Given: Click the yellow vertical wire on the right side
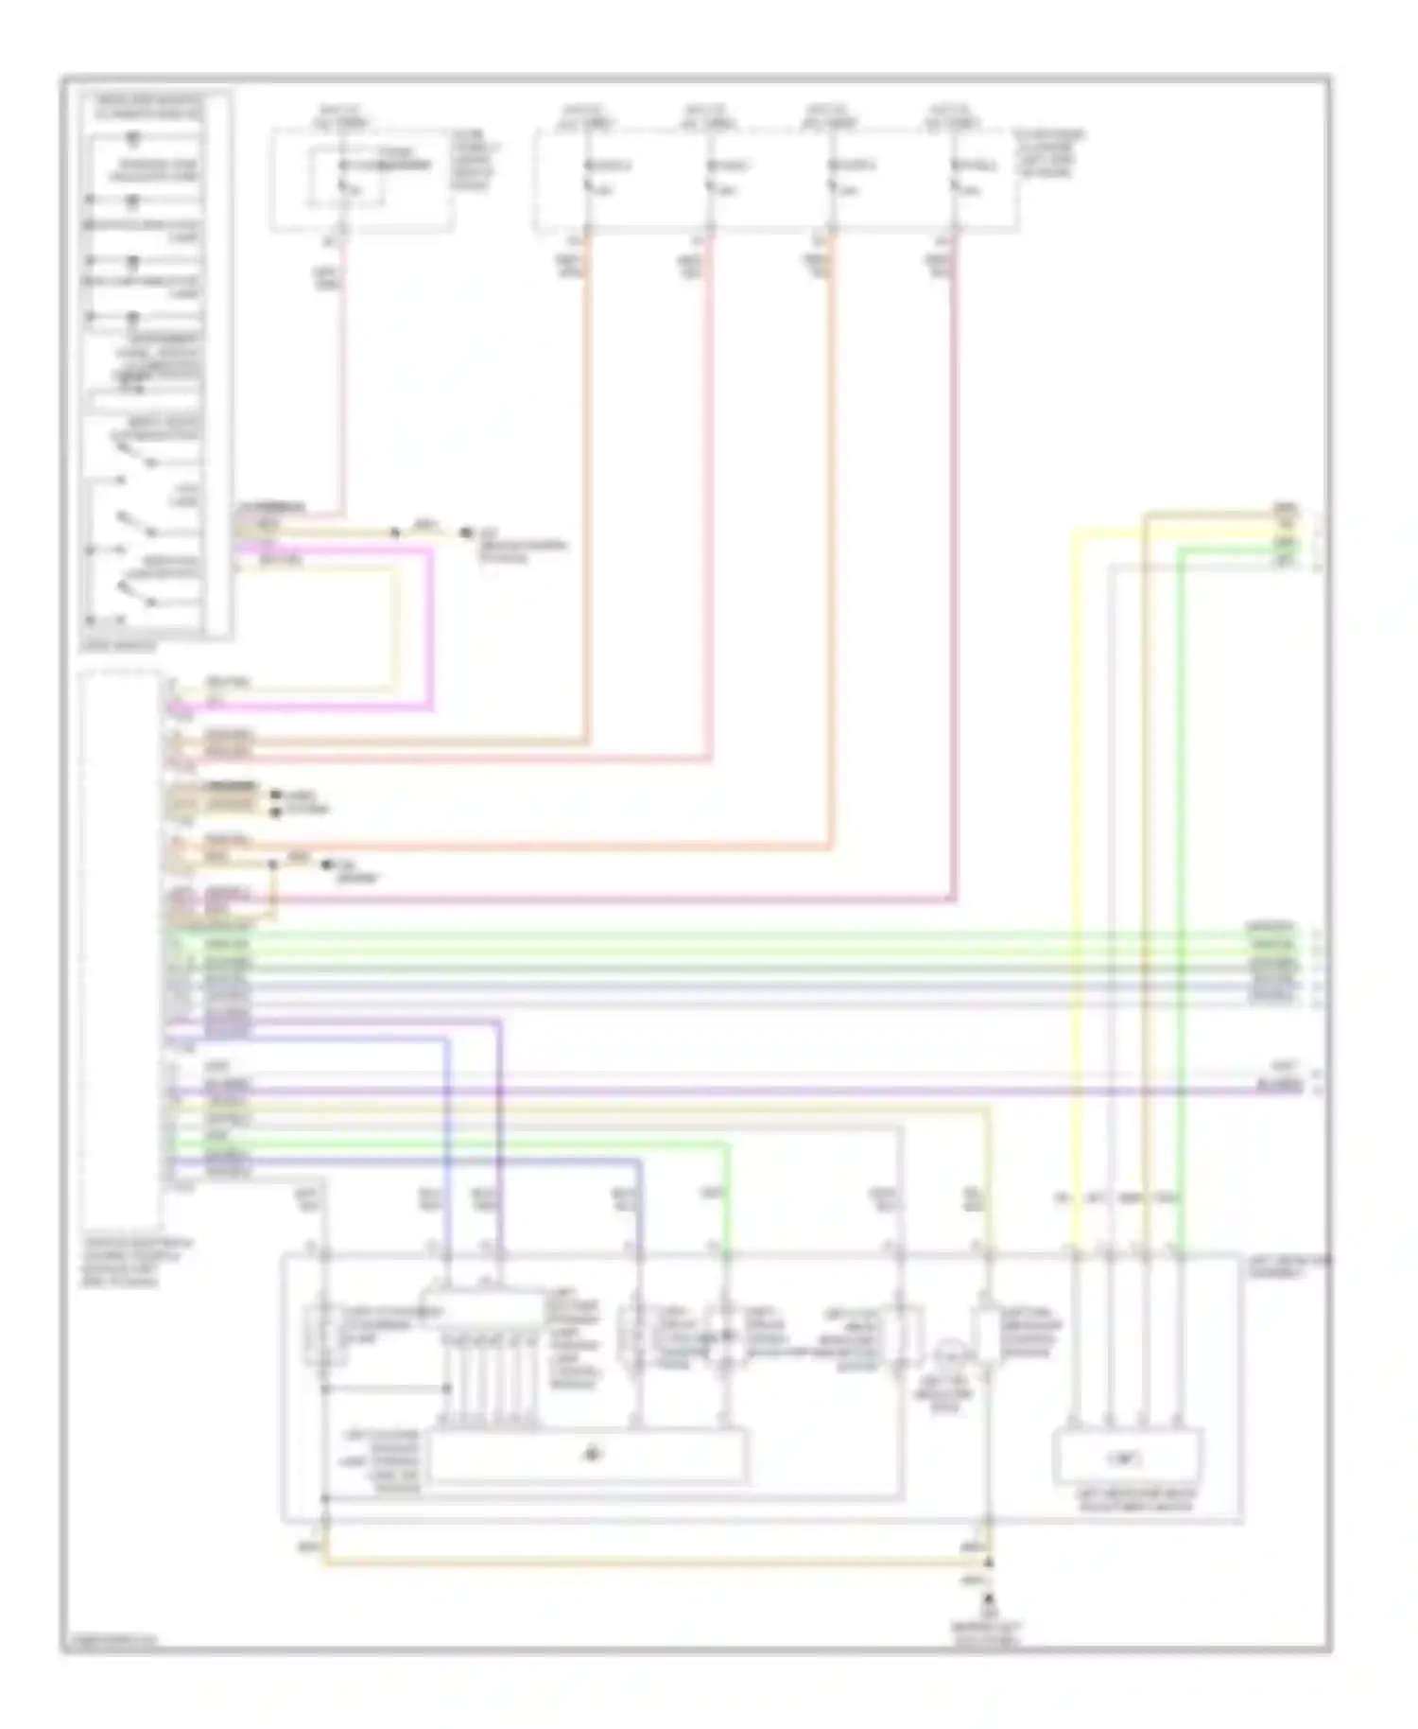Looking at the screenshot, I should click(1075, 851).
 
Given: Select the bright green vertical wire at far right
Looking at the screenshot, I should click(1180, 851).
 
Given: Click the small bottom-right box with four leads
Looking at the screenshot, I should click(1127, 1458).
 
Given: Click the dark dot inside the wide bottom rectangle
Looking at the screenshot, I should click(592, 1454).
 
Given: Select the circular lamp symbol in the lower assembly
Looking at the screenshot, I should click(945, 1358).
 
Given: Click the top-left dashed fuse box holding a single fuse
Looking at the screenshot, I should click(360, 180).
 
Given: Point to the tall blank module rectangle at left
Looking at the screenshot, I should click(120, 946).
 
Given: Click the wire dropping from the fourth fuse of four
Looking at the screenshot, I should click(954, 568).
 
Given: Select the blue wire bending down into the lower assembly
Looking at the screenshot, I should click(448, 1135).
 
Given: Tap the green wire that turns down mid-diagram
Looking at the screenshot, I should click(727, 1192).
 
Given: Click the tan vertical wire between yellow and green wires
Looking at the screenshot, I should click(1144, 851).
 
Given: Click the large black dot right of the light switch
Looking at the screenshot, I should click(464, 533).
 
